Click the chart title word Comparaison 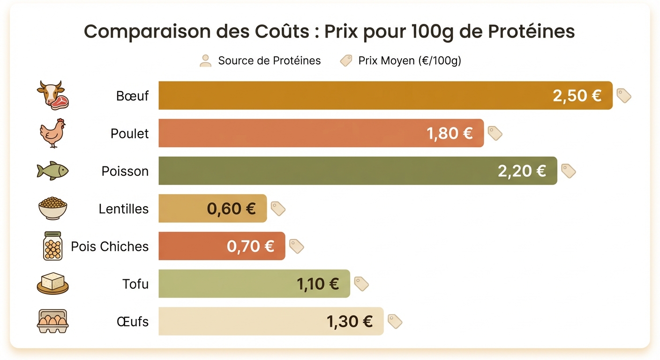(135, 32)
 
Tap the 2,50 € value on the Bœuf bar (577, 96)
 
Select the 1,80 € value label (450, 134)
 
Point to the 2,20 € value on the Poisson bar (522, 171)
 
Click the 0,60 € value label (232, 209)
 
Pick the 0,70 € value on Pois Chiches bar (250, 246)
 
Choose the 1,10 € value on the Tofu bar (318, 284)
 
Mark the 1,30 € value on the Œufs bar (350, 322)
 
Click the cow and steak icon (52, 95)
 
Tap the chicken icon (52, 133)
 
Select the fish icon (52, 171)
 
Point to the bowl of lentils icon (52, 209)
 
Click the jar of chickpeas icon (52, 246)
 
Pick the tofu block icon (52, 284)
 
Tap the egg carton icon (52, 322)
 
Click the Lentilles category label (123, 209)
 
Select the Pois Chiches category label (110, 247)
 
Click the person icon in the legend (205, 60)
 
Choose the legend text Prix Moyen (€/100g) (410, 61)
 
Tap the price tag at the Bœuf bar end (623, 96)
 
